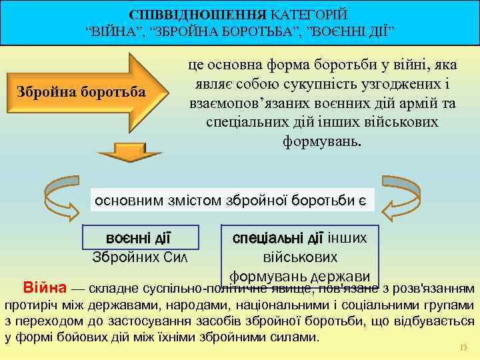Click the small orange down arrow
click(129, 153)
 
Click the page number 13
click(464, 348)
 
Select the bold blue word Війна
click(45, 289)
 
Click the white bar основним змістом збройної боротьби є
click(233, 199)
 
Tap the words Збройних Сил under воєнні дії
click(140, 257)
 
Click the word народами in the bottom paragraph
click(207, 305)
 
